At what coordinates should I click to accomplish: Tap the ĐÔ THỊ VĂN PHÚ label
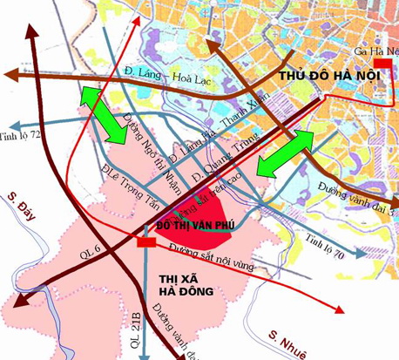point(195,225)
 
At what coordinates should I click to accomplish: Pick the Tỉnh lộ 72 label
point(22,137)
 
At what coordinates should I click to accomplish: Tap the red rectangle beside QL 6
point(145,242)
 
